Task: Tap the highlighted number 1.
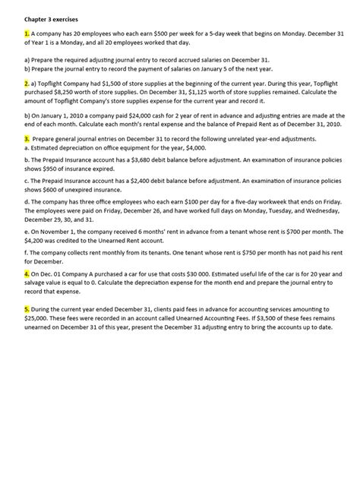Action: pyautogui.click(x=27, y=34)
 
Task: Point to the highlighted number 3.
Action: pyautogui.click(x=27, y=139)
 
